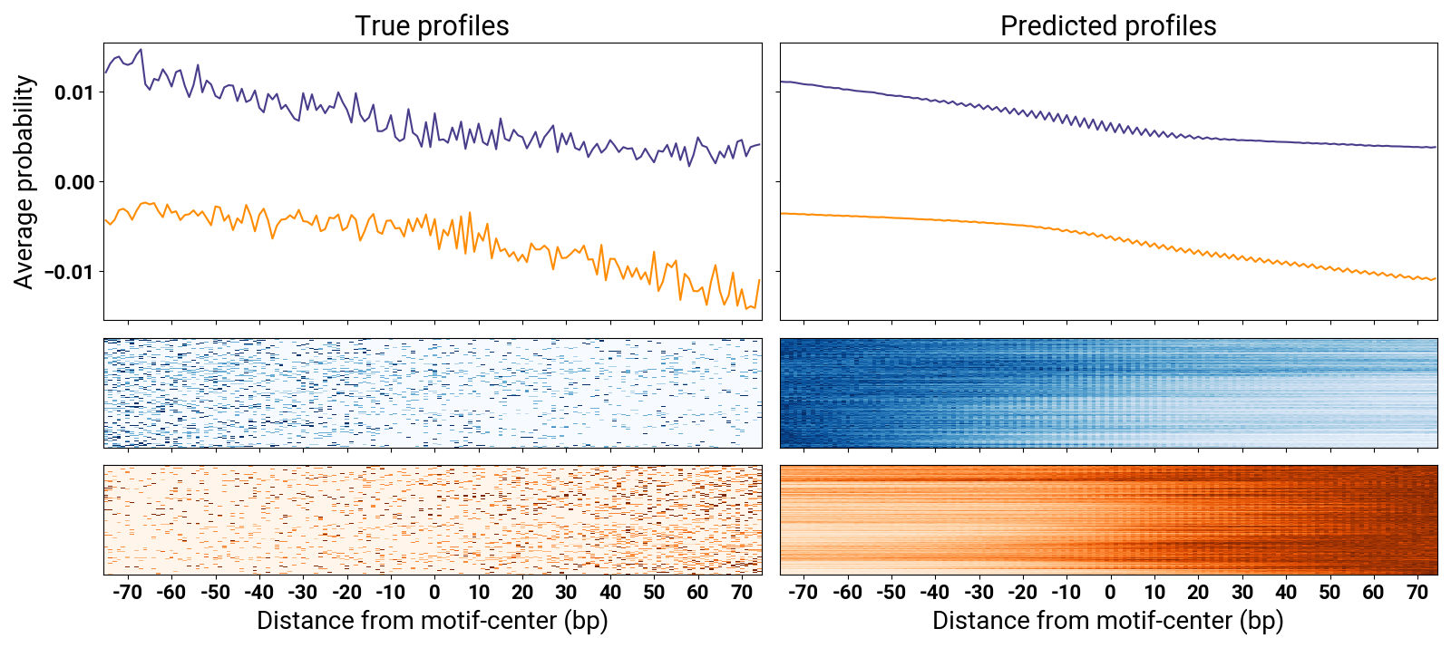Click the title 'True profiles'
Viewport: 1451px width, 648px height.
[x=432, y=26]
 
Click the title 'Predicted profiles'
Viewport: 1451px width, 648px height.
[x=1108, y=26]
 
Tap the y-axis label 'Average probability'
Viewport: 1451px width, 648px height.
[x=24, y=181]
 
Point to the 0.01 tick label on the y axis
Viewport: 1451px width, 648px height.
[x=73, y=92]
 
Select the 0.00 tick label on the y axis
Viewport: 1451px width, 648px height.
[x=73, y=182]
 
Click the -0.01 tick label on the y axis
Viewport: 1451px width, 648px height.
[x=71, y=272]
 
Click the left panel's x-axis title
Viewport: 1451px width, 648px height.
[x=432, y=621]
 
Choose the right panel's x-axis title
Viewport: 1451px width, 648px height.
[x=1107, y=621]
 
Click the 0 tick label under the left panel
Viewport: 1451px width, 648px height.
[x=434, y=593]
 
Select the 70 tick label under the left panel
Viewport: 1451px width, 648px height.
[x=742, y=593]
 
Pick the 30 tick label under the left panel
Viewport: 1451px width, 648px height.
[x=566, y=593]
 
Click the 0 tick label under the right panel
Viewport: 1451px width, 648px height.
[x=1110, y=593]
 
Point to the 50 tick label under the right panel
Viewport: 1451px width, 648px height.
[x=1329, y=593]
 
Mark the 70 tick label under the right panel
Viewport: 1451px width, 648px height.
[x=1417, y=593]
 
